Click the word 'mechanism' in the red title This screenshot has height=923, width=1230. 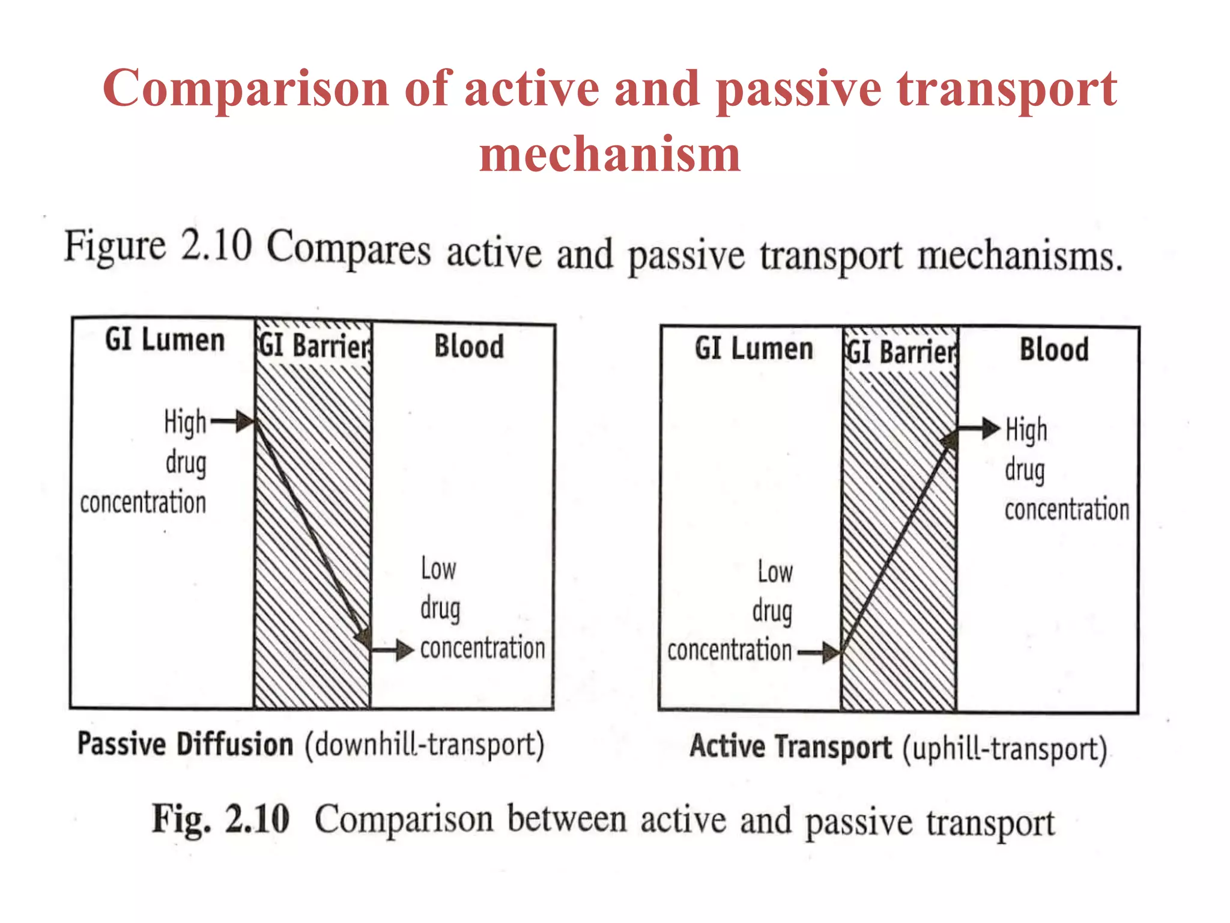pyautogui.click(x=610, y=154)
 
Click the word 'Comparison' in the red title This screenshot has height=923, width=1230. pyautogui.click(x=246, y=89)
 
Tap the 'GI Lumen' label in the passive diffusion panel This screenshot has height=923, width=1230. pyautogui.click(x=165, y=340)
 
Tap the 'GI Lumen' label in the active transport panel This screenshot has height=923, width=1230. pyautogui.click(x=754, y=349)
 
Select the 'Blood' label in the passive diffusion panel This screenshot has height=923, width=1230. pyautogui.click(x=469, y=347)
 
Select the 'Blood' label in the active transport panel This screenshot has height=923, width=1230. pyautogui.click(x=1054, y=350)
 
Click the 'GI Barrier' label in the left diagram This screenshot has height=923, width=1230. pyautogui.click(x=314, y=346)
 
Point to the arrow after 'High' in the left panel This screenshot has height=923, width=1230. pyautogui.click(x=233, y=422)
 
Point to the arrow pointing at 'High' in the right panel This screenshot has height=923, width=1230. pyautogui.click(x=979, y=429)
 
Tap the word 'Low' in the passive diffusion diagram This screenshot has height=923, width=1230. pyautogui.click(x=438, y=568)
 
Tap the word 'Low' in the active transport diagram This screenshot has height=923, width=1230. pyautogui.click(x=775, y=571)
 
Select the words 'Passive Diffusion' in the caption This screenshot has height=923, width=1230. pyautogui.click(x=185, y=745)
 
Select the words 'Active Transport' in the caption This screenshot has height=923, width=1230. pyautogui.click(x=790, y=747)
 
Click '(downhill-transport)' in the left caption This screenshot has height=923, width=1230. pyautogui.click(x=425, y=746)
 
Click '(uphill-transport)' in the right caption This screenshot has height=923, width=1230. pyautogui.click(x=1005, y=749)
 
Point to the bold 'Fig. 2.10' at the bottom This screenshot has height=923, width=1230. pyautogui.click(x=220, y=819)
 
